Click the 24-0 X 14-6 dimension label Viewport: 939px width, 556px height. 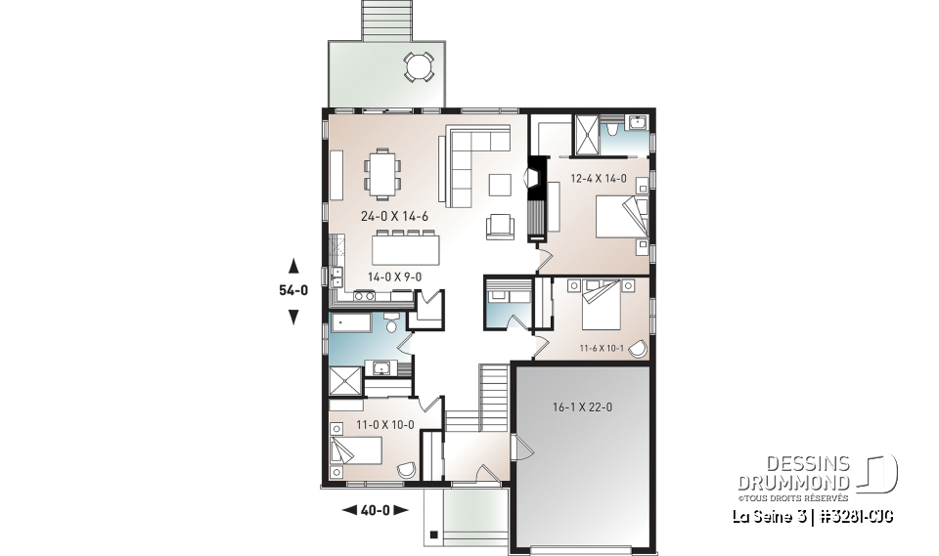(368, 216)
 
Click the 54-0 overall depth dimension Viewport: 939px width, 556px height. (292, 290)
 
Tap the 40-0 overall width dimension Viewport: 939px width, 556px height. (375, 509)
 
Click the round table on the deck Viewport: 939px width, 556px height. (418, 67)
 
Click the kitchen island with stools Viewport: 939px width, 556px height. (405, 246)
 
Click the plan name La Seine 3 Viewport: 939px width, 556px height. (771, 515)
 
